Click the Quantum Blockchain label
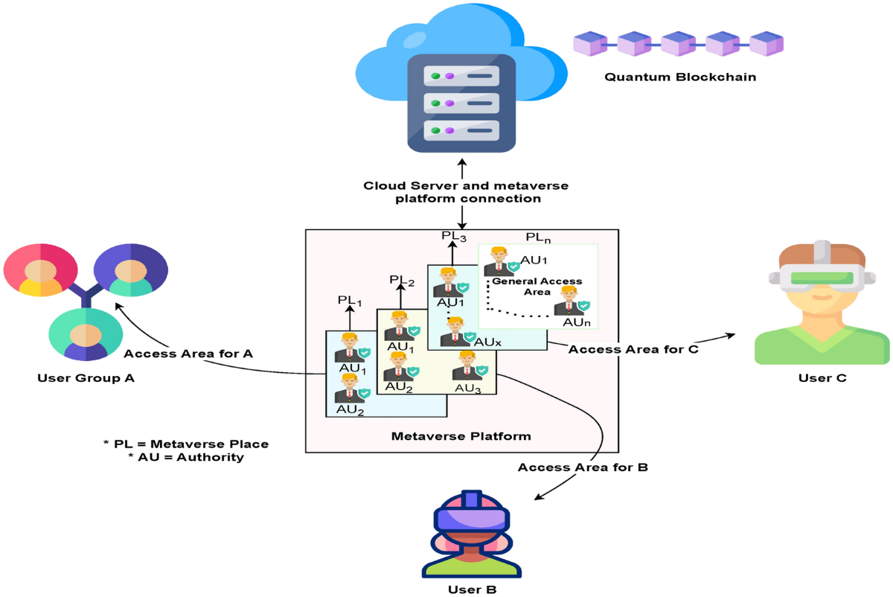click(679, 77)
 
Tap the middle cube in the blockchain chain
click(679, 44)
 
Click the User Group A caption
click(86, 378)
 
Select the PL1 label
click(349, 301)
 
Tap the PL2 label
click(401, 280)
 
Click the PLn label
click(539, 237)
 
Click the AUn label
click(577, 322)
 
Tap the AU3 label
click(468, 388)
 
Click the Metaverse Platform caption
click(461, 435)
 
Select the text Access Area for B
click(583, 467)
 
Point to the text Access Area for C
click(633, 348)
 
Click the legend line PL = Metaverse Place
click(186, 444)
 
